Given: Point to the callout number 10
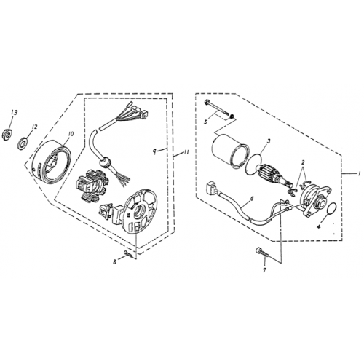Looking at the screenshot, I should (x=71, y=134).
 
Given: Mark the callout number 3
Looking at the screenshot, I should (x=269, y=141).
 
